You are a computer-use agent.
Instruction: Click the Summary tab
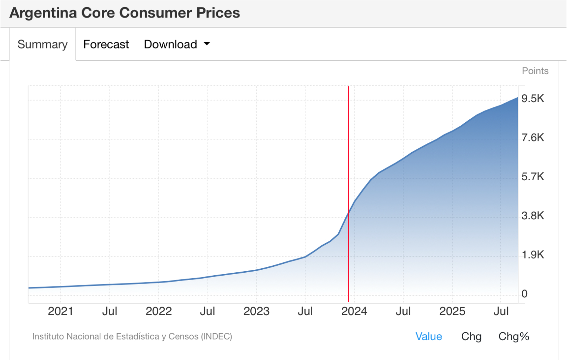[43, 44]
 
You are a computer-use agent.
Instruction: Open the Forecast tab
[106, 44]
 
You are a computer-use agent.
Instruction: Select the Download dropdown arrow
[207, 44]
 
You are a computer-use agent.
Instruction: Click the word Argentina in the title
[43, 13]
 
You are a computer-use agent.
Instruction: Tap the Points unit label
[535, 71]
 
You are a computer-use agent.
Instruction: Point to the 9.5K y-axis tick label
[533, 98]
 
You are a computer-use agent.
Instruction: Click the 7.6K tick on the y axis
[533, 138]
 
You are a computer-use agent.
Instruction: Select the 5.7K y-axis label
[533, 176]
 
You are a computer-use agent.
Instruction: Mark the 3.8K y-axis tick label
[533, 216]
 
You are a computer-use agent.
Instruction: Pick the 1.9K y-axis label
[533, 255]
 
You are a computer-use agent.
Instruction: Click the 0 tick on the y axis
[524, 294]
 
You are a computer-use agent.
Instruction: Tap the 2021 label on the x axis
[60, 311]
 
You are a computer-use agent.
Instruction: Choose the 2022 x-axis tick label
[159, 311]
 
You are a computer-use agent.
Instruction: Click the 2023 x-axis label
[256, 311]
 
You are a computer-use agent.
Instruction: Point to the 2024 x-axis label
[354, 311]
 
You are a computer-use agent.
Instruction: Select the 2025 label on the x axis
[452, 311]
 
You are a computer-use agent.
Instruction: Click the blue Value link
[429, 336]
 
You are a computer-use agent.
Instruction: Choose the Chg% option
[514, 336]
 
